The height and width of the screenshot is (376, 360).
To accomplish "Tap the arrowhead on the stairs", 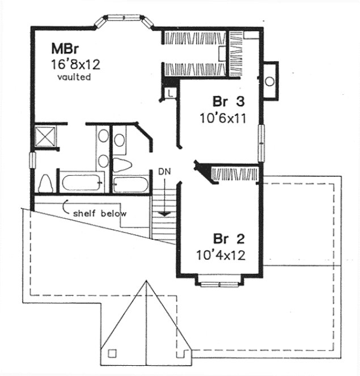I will [164, 214].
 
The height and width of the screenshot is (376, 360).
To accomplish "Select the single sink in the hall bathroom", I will [120, 139].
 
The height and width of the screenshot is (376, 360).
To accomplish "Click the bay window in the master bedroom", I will [124, 20].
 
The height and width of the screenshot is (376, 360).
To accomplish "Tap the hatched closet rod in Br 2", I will [235, 172].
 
